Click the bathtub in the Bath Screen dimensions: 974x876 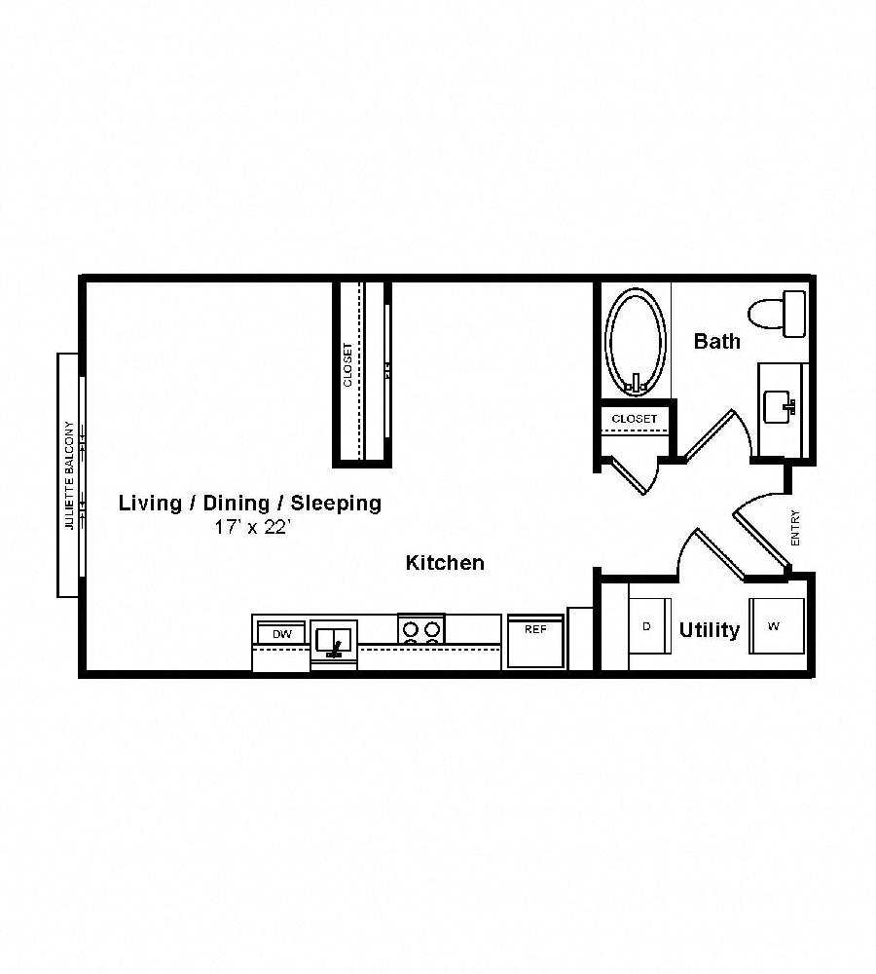[636, 341]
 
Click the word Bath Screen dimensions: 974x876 [716, 341]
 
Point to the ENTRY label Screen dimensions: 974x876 [795, 528]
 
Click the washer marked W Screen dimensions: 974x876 [775, 626]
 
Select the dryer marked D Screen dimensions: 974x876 [647, 626]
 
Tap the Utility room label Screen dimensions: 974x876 [709, 630]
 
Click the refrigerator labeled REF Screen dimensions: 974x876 [535, 642]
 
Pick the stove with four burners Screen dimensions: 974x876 [421, 629]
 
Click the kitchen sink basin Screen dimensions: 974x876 [334, 641]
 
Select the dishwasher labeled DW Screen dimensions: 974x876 [281, 635]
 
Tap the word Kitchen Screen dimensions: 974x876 [445, 563]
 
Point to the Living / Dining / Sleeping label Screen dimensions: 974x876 [250, 503]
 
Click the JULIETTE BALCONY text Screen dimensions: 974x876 [69, 474]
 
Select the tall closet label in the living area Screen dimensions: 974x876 [348, 364]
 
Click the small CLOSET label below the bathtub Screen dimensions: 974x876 [634, 419]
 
